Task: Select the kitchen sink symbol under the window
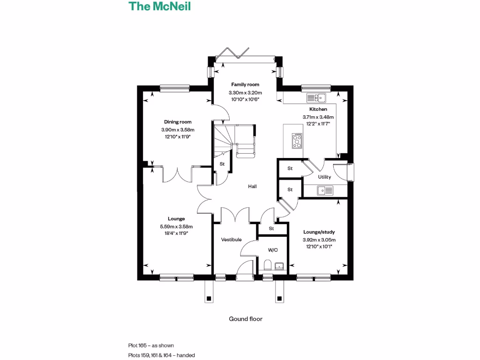316,98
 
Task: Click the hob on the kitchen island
297,141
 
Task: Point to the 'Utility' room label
324,177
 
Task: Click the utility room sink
325,190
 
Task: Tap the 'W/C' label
273,250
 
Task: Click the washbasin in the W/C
280,266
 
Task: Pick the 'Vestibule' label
231,240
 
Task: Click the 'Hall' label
252,187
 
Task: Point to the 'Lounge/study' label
319,232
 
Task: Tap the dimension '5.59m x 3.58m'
176,226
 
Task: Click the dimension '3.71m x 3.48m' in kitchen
318,117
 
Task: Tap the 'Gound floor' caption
245,319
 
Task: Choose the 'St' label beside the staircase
222,164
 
